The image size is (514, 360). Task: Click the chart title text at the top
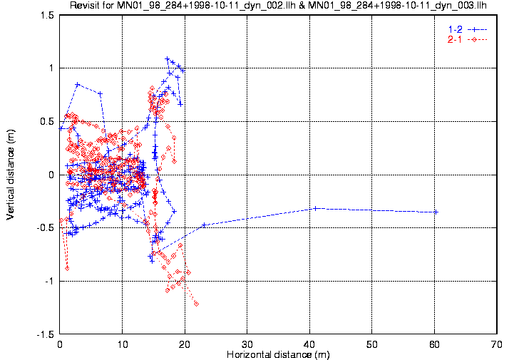[x=278, y=5]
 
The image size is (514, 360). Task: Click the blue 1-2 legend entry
[x=468, y=29]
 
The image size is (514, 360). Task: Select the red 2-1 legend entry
[x=468, y=40]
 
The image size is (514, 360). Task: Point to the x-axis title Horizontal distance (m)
[x=278, y=354]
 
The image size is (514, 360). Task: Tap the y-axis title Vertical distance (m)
[x=11, y=175]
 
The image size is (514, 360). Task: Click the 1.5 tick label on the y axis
[x=48, y=15]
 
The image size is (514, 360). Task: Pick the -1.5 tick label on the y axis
[x=46, y=334]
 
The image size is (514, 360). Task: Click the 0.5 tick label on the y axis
[x=48, y=122]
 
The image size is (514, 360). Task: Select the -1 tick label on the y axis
[x=49, y=282]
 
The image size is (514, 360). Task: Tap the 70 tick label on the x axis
[x=497, y=344]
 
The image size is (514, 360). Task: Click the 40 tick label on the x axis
[x=309, y=344]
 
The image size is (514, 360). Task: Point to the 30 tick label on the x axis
[x=247, y=344]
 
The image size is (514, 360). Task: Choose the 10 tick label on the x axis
[x=123, y=344]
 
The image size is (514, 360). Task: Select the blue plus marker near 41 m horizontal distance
[x=315, y=208]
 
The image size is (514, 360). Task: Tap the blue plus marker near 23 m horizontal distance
[x=204, y=225]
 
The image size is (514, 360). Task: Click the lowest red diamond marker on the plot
[x=196, y=304]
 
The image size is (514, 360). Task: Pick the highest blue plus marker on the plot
[x=168, y=59]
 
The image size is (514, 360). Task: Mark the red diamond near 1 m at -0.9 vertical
[x=67, y=268]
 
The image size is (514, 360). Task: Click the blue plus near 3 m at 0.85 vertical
[x=78, y=84]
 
